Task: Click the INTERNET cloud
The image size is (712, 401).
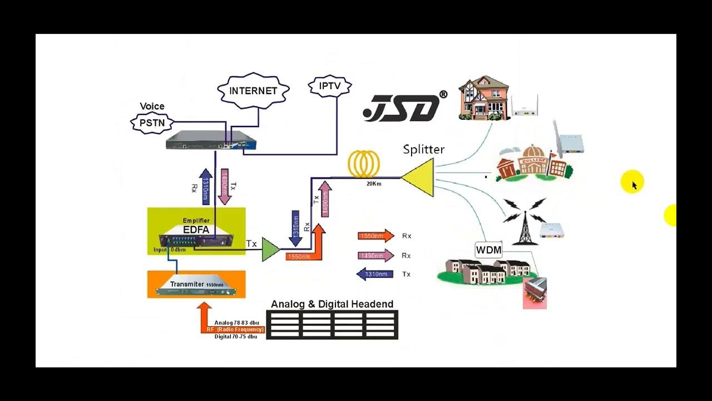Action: click(253, 90)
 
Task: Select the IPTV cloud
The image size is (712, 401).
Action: click(330, 86)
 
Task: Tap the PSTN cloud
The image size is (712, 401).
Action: click(152, 123)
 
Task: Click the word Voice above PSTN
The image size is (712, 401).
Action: click(152, 106)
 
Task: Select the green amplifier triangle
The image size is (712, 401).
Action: click(270, 249)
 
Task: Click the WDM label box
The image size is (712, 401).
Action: click(488, 250)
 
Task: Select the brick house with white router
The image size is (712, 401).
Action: click(483, 99)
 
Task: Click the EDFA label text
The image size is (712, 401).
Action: click(196, 229)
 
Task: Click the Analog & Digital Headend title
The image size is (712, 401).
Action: click(332, 304)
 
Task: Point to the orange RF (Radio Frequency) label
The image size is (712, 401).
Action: click(235, 329)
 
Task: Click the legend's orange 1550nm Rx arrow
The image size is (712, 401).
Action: click(375, 236)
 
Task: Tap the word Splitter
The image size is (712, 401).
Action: click(424, 149)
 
